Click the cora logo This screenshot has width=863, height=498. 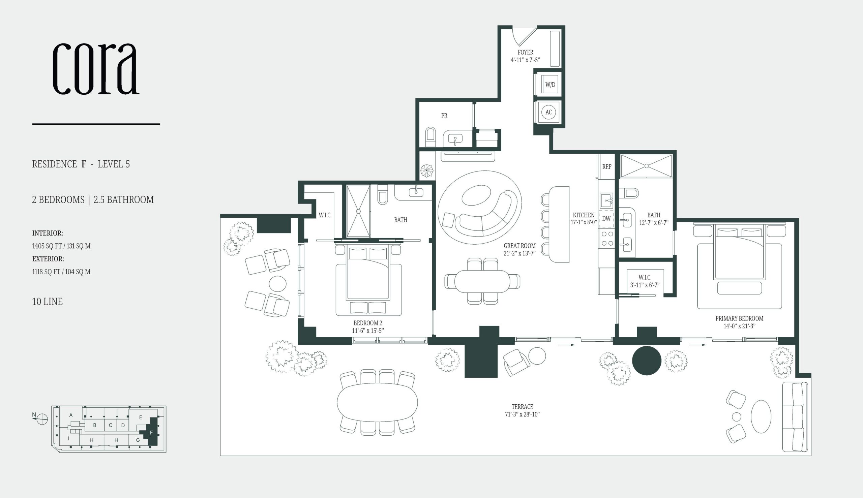(96, 68)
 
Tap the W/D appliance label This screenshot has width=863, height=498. (550, 85)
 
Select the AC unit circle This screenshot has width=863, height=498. (548, 112)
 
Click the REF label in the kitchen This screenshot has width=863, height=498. (607, 166)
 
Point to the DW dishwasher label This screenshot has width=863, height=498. (606, 219)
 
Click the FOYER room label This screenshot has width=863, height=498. (525, 52)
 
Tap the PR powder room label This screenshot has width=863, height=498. (444, 116)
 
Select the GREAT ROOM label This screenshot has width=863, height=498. (519, 246)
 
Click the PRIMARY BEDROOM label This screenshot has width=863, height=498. (739, 318)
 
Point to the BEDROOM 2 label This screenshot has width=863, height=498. (368, 323)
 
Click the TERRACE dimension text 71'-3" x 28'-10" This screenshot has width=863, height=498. (522, 414)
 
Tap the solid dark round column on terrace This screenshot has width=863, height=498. (646, 361)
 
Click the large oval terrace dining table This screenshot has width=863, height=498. (377, 403)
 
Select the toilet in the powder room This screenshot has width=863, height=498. (430, 137)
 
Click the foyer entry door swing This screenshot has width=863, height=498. (524, 37)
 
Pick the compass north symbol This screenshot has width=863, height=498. (42, 418)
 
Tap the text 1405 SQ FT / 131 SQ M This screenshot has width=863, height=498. (61, 246)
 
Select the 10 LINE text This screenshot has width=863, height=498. (47, 301)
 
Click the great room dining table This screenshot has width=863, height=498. (482, 281)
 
